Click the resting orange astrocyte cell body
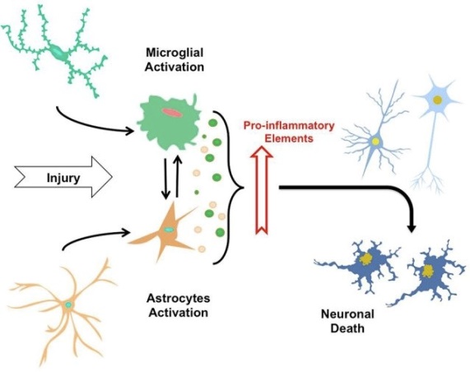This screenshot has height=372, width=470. coord(69,305)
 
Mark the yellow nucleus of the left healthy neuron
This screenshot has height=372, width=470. coord(375,142)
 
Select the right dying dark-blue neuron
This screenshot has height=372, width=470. coord(428,272)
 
